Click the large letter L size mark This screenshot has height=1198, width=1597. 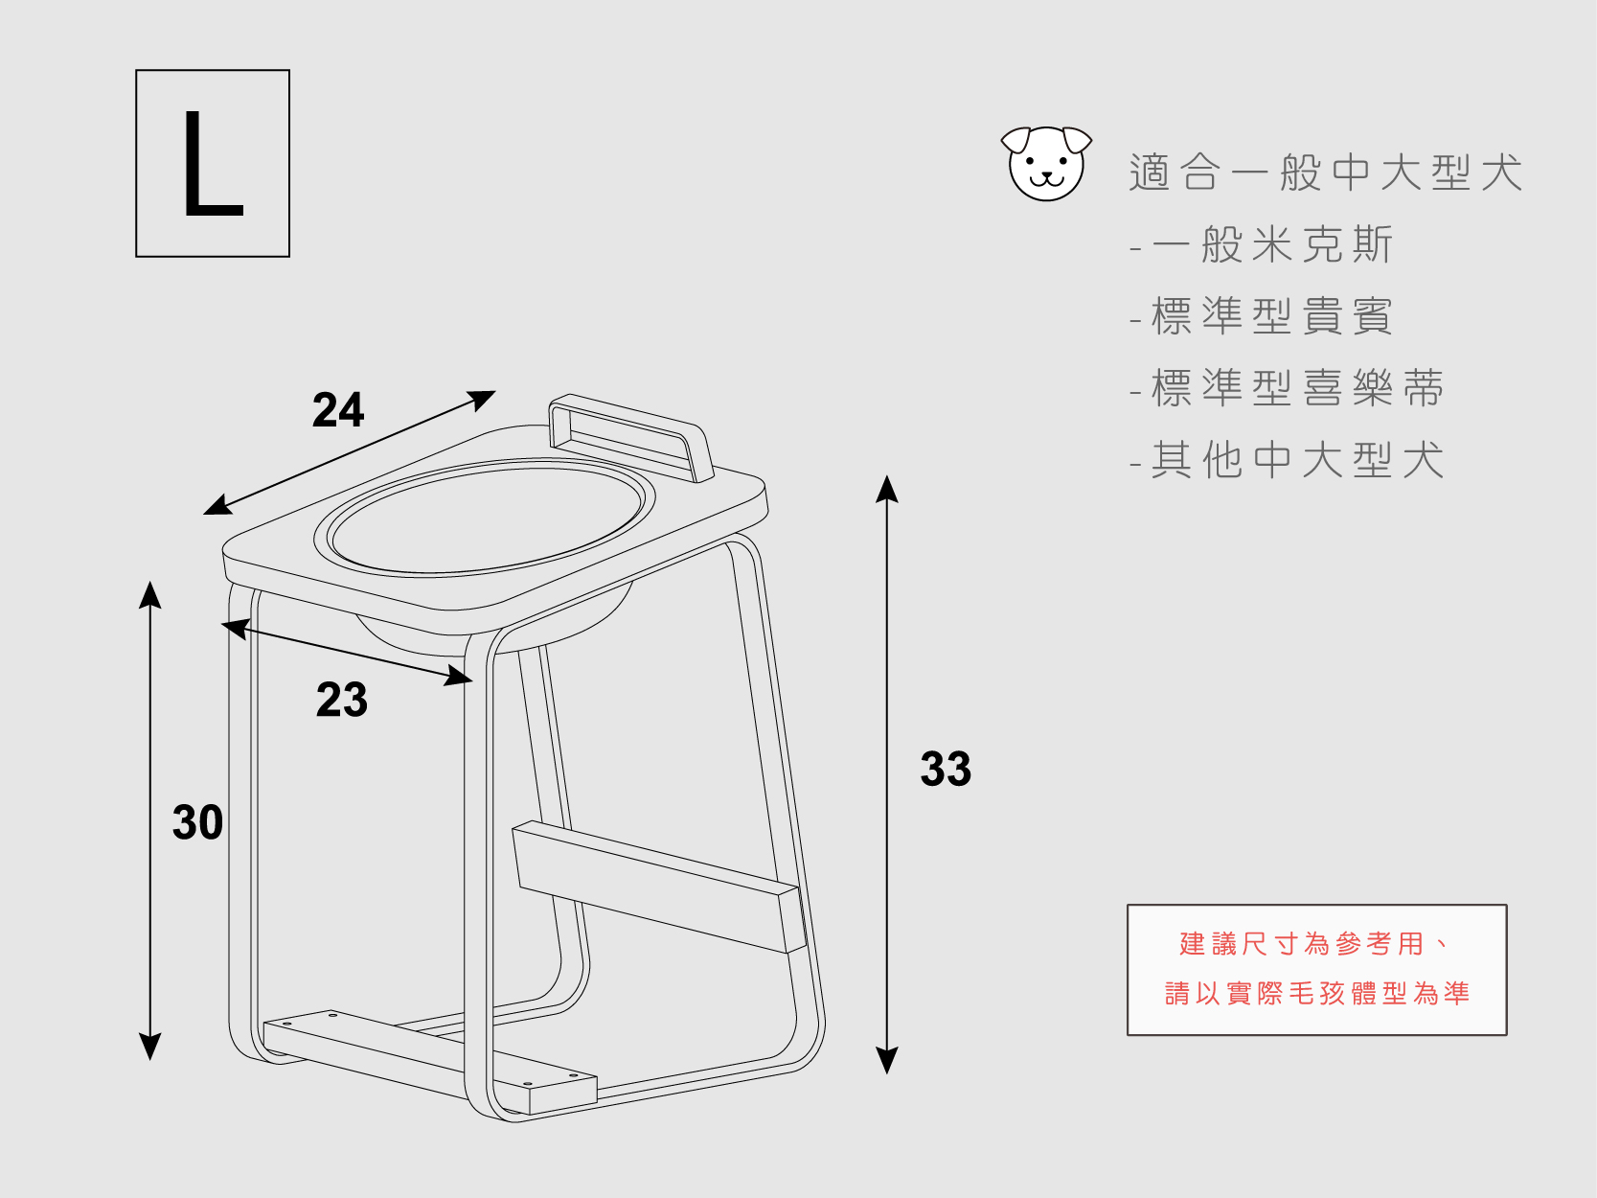point(212,163)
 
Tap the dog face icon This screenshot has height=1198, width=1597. point(1046,164)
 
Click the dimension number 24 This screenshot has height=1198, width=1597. point(338,411)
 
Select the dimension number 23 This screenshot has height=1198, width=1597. point(342,701)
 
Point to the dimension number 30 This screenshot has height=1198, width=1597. point(197,823)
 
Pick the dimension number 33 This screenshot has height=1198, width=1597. point(946,770)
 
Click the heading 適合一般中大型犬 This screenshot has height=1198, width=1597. point(1325,173)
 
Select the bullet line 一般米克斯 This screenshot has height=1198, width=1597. point(1271,245)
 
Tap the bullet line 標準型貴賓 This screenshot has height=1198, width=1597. point(1271,317)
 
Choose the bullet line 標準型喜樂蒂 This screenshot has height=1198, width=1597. point(1296,389)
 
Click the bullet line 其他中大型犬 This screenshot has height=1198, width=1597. point(1296,461)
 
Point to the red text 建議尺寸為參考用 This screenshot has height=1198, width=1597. point(1303,944)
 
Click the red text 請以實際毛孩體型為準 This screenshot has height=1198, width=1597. point(1316,994)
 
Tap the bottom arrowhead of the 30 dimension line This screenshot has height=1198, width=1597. point(150,1047)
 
